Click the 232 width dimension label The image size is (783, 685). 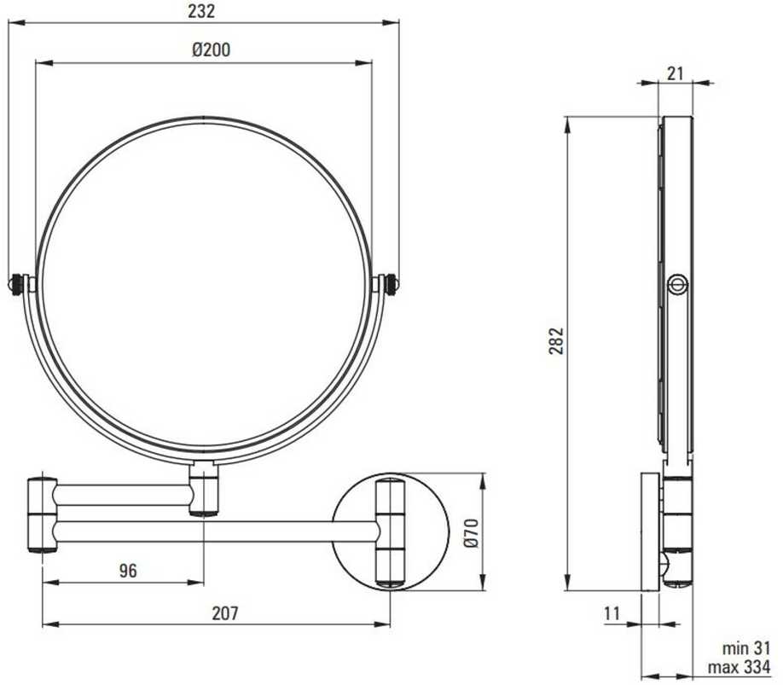point(201,11)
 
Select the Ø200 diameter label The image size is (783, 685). point(212,49)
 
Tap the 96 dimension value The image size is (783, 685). point(128,570)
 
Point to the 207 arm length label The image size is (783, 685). point(225,612)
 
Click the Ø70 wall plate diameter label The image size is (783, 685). point(471,532)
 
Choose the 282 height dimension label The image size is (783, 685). point(556,340)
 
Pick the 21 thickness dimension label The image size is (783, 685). point(675,73)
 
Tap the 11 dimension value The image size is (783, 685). point(612,612)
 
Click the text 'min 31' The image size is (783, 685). point(746,648)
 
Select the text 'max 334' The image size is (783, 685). point(739,667)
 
